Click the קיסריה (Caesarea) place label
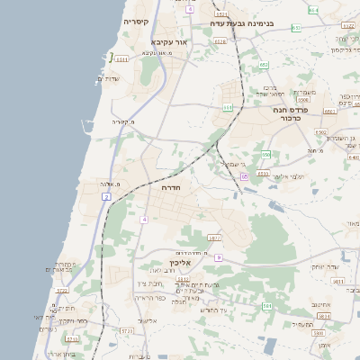point(137,20)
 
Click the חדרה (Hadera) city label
point(171,188)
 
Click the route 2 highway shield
point(106,195)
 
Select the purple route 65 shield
point(244,177)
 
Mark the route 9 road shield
point(218,257)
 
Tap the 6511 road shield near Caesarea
point(121,59)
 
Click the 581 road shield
point(266,306)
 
